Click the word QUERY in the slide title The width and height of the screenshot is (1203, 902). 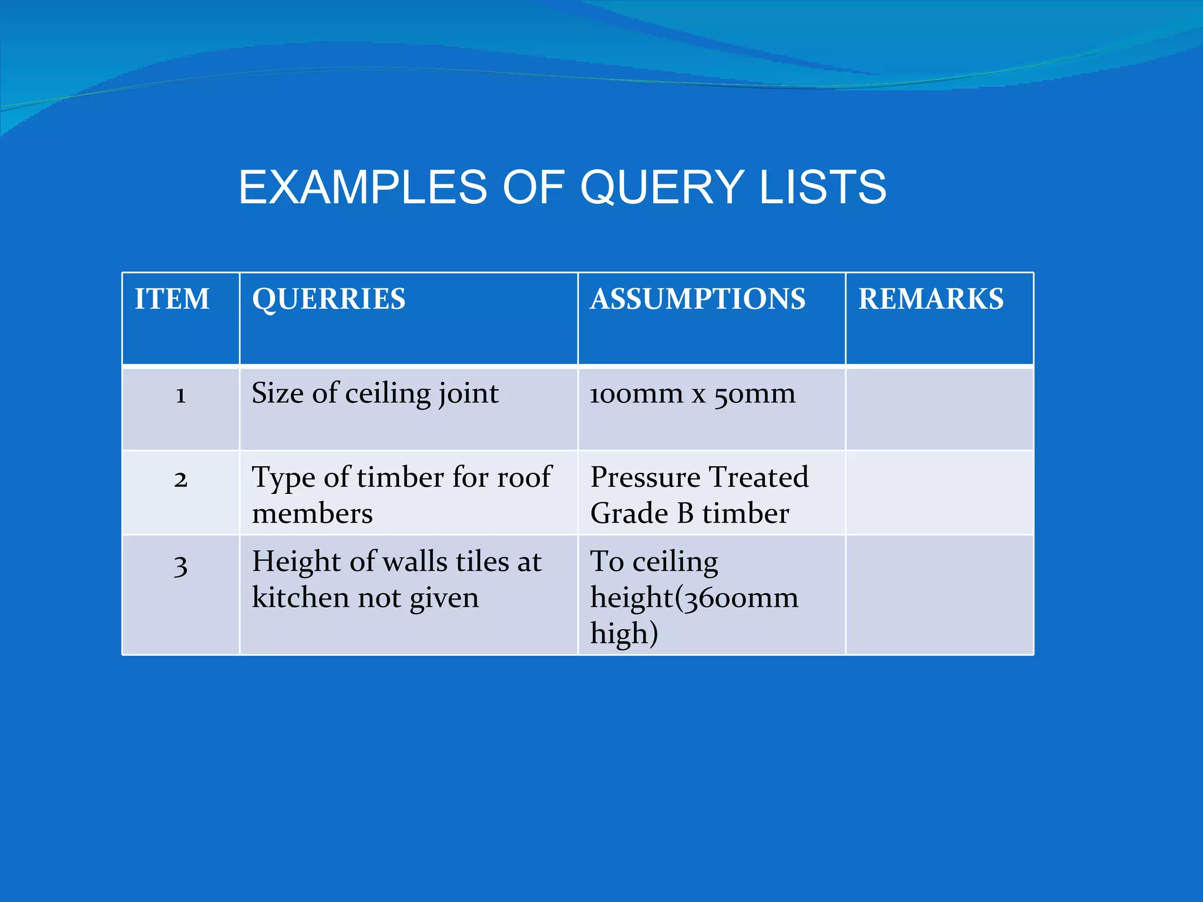pos(663,187)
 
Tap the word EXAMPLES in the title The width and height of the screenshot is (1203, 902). pos(362,187)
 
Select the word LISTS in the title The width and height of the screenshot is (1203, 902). pos(822,187)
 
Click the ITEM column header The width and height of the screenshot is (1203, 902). pos(172,299)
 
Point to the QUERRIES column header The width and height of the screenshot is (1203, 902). pos(329,299)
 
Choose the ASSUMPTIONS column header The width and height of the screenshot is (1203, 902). pos(698,299)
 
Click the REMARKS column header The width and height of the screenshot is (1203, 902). pos(931,299)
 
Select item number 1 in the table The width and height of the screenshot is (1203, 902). pos(180,395)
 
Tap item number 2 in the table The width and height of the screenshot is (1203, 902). pos(180,479)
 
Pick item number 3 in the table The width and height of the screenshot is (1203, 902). pos(180,566)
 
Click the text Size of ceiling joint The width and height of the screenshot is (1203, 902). pos(375,393)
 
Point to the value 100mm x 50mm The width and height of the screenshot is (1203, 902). pos(693,393)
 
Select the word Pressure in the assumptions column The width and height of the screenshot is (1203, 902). pos(644,477)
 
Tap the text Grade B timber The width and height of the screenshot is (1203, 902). pos(690,513)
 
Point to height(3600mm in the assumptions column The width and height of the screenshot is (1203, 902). pos(694,598)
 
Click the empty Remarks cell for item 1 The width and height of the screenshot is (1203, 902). pos(939,408)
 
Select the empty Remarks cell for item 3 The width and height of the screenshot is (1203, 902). pos(939,594)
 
